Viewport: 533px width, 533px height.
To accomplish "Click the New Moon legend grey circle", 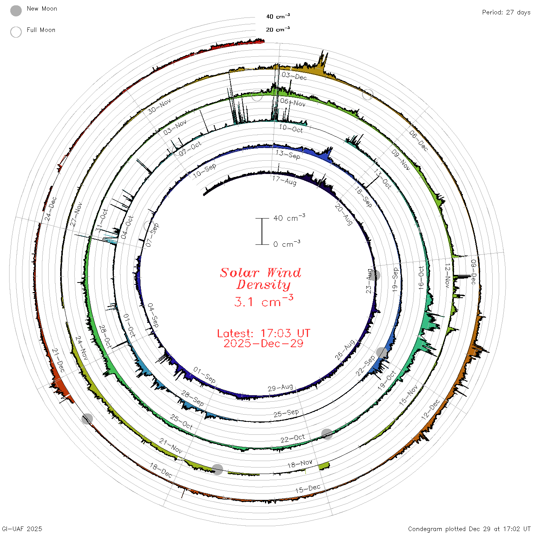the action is click(x=16, y=11).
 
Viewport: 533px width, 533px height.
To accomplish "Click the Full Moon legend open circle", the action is click(x=16, y=32).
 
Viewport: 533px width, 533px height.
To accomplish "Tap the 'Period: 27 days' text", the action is click(x=506, y=13).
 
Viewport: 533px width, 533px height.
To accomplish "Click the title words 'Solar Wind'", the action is click(x=260, y=273).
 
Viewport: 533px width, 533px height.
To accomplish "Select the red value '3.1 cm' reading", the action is click(x=263, y=301).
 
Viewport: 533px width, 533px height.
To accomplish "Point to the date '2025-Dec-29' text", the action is click(x=263, y=343).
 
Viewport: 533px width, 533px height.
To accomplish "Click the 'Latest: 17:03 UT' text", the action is click(x=263, y=333).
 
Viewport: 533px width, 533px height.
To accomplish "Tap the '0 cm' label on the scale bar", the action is click(x=287, y=244).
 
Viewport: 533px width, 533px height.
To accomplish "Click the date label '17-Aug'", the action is click(x=284, y=180).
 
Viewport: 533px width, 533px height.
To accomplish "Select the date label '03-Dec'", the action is click(x=294, y=76).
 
